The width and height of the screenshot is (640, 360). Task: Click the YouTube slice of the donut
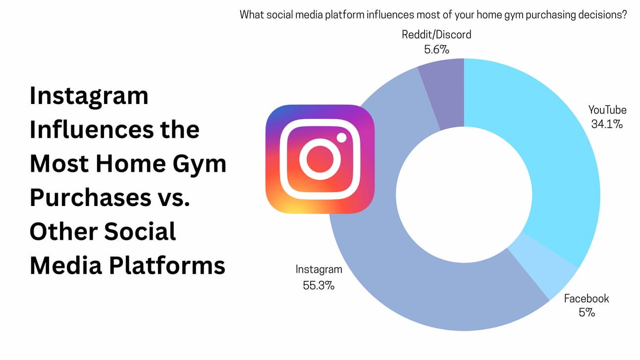[560, 160]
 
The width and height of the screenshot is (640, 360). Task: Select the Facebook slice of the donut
[543, 266]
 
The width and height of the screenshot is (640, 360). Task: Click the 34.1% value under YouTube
[607, 124]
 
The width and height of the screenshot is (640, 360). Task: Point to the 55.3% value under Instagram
[319, 285]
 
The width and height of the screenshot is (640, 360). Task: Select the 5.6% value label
[436, 50]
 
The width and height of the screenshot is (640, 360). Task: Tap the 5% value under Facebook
[587, 312]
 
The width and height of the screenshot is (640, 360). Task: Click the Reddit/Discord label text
[436, 35]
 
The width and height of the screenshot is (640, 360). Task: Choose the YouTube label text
[607, 110]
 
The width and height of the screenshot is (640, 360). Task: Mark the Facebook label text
[587, 299]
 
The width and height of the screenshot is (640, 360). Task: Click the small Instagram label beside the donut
[319, 269]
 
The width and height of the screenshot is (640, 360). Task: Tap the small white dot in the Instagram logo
[341, 138]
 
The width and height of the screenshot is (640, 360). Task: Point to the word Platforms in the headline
[167, 266]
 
